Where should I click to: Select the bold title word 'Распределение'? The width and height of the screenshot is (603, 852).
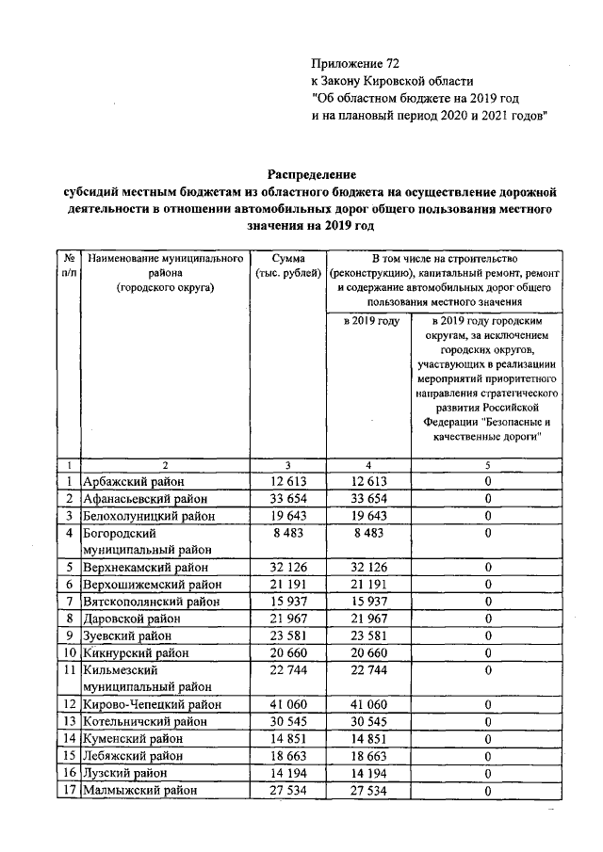(x=312, y=175)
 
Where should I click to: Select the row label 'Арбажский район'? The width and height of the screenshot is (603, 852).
(x=133, y=482)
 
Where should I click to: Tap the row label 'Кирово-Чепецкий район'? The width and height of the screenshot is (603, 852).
(x=152, y=704)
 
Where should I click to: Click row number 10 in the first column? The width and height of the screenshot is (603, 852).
(x=69, y=653)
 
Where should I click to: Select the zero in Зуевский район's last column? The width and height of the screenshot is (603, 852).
(x=488, y=636)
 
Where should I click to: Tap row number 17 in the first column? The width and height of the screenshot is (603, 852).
(x=69, y=791)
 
